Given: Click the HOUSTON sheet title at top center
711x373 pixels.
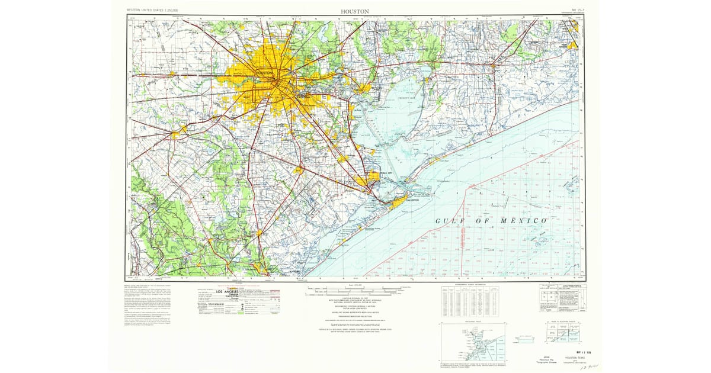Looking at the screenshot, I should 355,11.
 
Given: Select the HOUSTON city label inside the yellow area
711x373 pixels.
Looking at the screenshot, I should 264,73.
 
